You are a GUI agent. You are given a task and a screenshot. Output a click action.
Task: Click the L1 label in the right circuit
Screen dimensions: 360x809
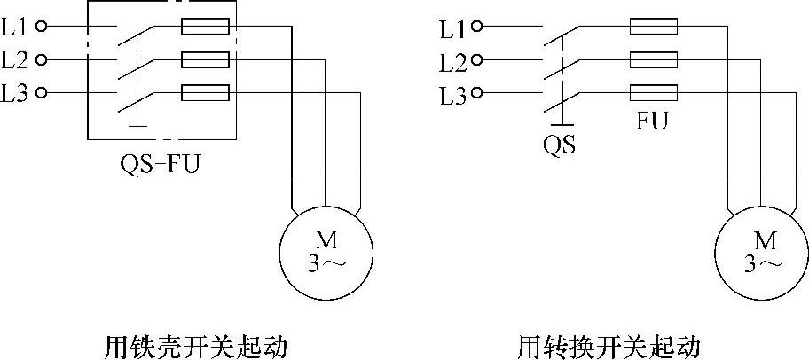pyautogui.click(x=452, y=28)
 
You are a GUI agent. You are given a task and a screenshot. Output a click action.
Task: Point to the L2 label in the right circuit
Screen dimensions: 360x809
pyautogui.click(x=452, y=62)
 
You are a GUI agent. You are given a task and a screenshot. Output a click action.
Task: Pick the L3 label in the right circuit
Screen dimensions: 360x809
pyautogui.click(x=452, y=95)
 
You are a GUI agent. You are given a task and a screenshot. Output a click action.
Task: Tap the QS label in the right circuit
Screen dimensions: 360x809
pyautogui.click(x=559, y=143)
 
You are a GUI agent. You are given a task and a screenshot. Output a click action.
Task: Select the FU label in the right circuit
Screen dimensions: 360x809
pyautogui.click(x=652, y=120)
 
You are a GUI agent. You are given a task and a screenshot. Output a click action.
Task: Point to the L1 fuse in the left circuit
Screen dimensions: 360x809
pyautogui.click(x=205, y=27)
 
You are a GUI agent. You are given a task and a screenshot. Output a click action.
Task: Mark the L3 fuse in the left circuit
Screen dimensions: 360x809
pyautogui.click(x=205, y=93)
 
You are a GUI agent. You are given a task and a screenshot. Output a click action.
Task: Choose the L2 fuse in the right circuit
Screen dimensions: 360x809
pyautogui.click(x=654, y=60)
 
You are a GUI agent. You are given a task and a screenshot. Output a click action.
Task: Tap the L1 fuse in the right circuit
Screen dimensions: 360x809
pyautogui.click(x=654, y=27)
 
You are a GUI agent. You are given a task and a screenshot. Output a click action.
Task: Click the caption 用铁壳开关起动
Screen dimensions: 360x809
pyautogui.click(x=196, y=344)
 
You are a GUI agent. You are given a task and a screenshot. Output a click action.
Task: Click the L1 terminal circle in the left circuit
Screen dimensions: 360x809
pyautogui.click(x=40, y=27)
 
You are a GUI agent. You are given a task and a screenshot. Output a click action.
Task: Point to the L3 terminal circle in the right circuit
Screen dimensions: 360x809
pyautogui.click(x=477, y=94)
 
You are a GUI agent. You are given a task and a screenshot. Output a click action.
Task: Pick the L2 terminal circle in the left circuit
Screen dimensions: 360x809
pyautogui.click(x=40, y=60)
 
